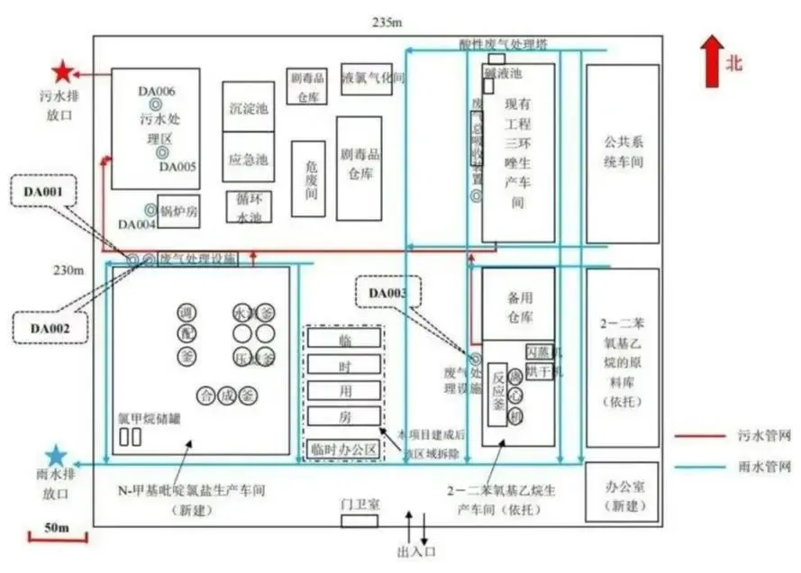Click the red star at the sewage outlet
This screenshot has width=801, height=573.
click(x=62, y=72)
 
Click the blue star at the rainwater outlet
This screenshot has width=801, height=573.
click(x=57, y=457)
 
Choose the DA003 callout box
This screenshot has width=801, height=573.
click(x=388, y=293)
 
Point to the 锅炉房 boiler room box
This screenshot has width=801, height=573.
click(x=178, y=211)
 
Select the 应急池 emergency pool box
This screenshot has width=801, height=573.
click(x=247, y=159)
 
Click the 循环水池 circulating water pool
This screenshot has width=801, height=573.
click(x=247, y=208)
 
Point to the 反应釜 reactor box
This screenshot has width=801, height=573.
click(x=498, y=393)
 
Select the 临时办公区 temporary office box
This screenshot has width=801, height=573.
click(x=343, y=448)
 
